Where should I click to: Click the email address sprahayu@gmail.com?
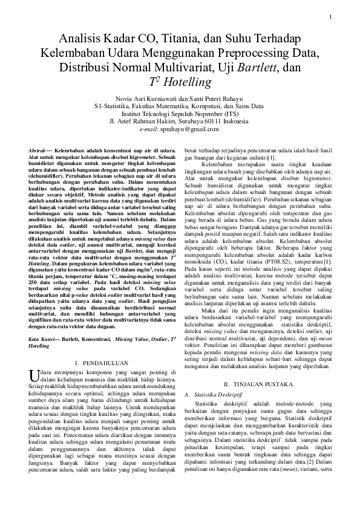pyautogui.click(x=191, y=128)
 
